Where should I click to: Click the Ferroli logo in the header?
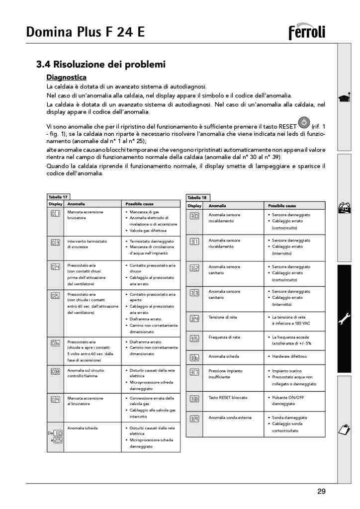307,32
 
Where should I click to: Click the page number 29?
321,492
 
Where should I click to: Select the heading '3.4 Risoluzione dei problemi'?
101,65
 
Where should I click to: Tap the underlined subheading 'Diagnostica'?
66,77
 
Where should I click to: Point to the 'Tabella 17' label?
58,197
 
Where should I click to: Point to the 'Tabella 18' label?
196,197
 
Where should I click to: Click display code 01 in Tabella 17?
55,214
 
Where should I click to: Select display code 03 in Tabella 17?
55,243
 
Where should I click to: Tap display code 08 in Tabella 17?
55,371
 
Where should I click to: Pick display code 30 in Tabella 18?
194,216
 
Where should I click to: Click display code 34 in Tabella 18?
194,319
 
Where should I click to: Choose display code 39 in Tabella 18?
194,419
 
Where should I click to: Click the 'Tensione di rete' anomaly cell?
222,317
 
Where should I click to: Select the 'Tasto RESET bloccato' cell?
228,398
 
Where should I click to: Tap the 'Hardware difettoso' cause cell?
289,356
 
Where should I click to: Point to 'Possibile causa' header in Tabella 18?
282,206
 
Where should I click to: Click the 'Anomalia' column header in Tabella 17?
76,204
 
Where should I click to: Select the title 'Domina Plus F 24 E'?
86,32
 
